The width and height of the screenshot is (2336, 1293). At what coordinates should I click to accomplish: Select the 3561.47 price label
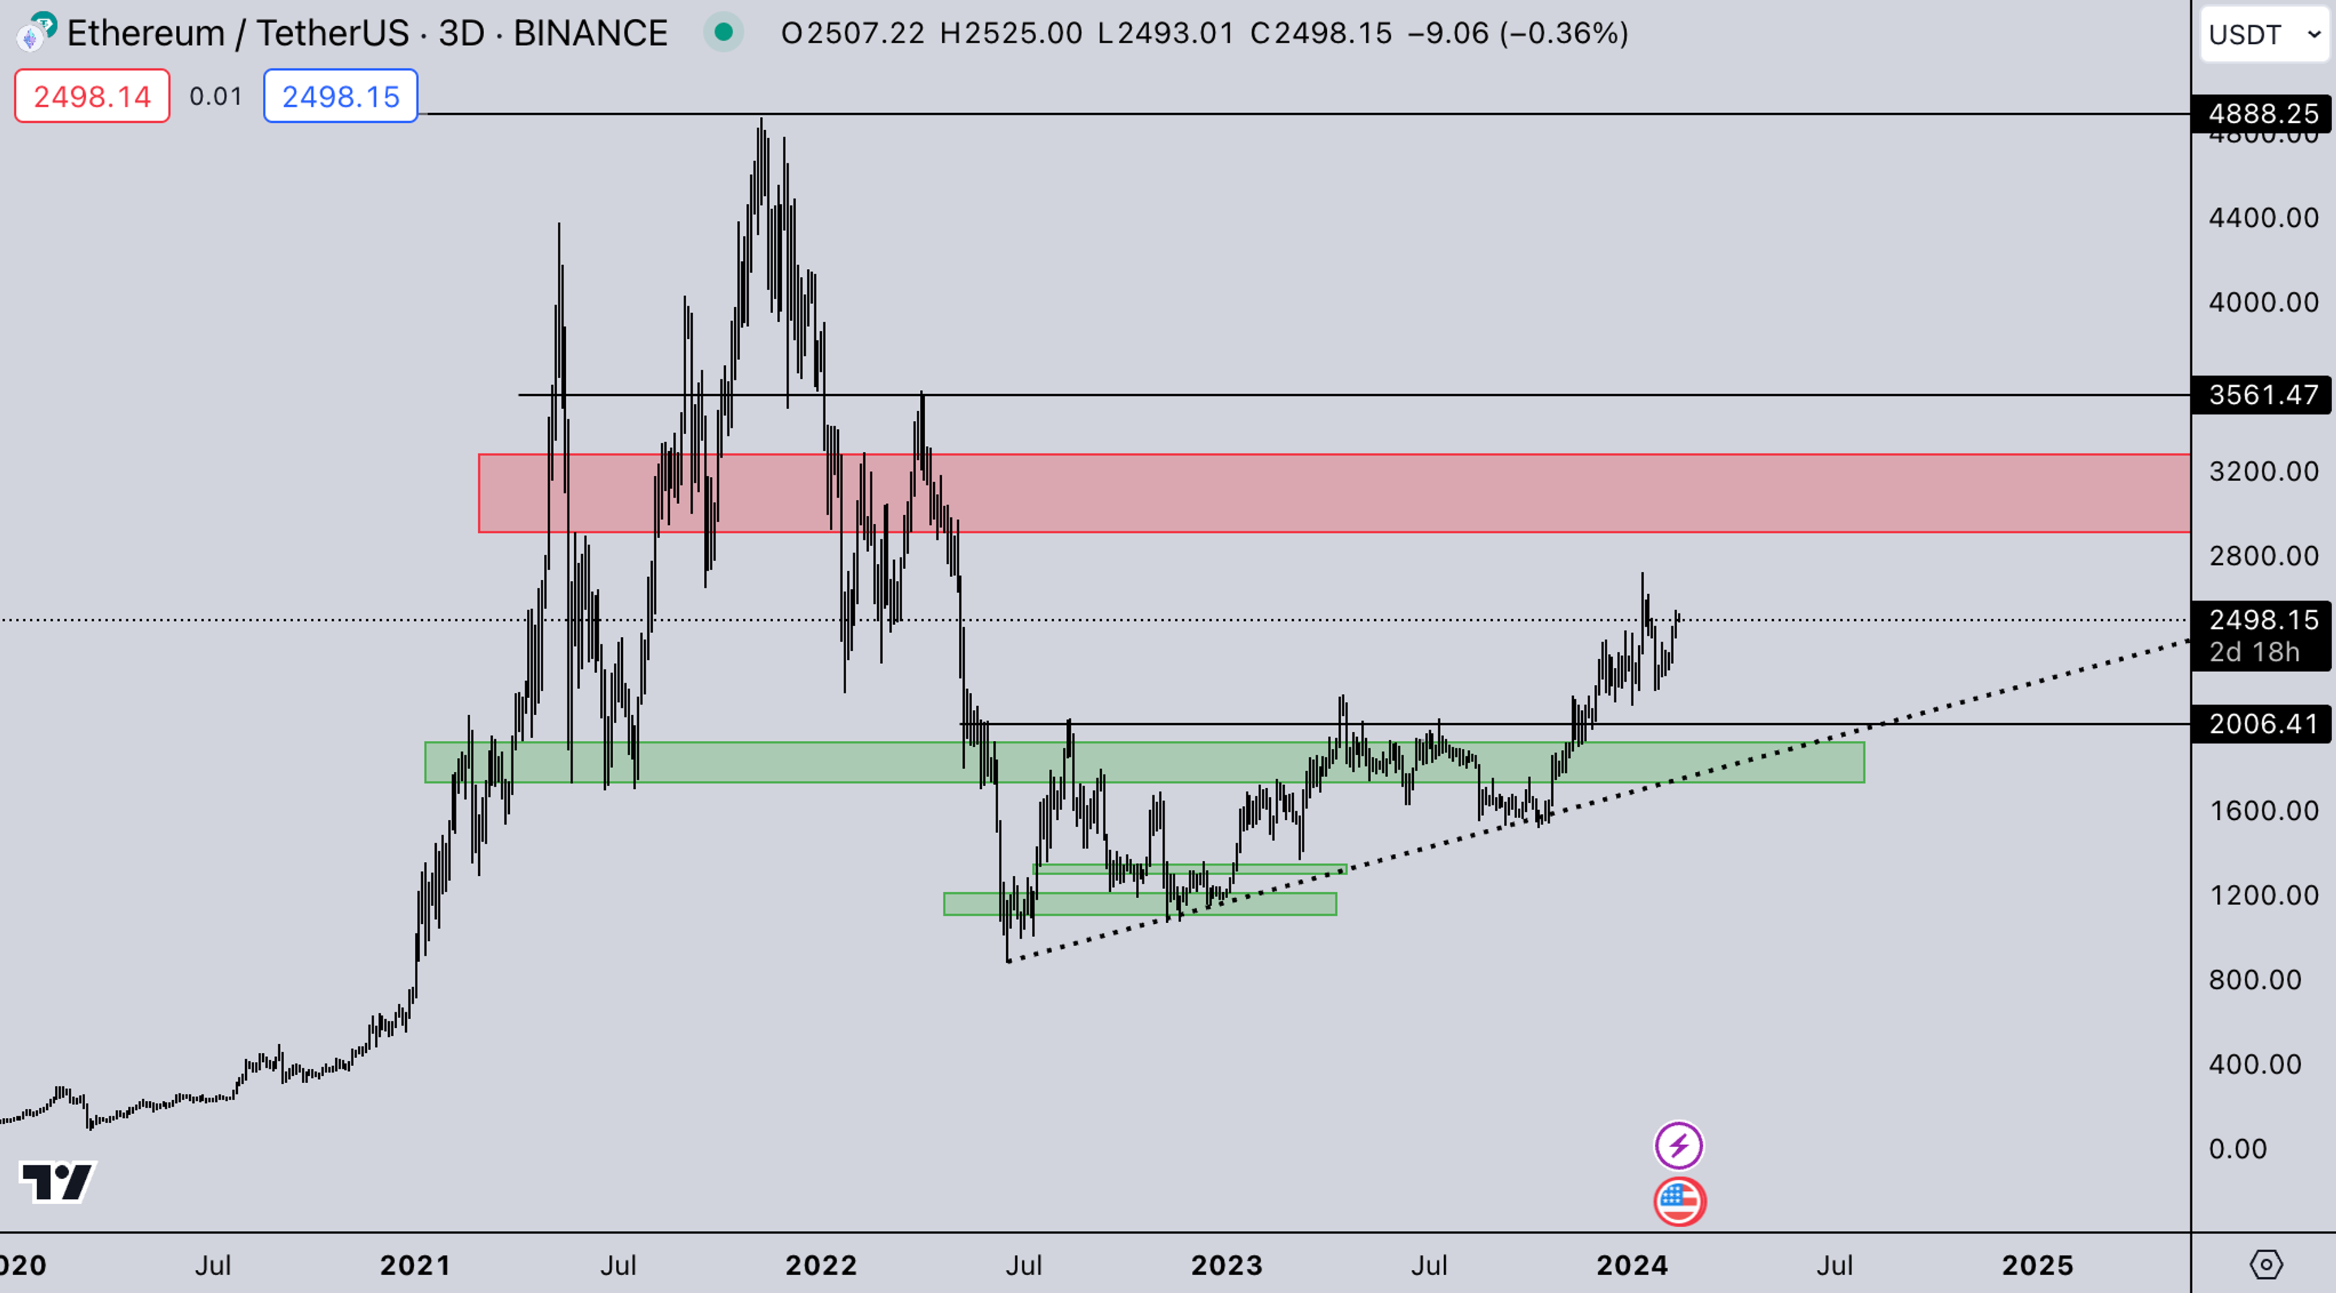[2262, 395]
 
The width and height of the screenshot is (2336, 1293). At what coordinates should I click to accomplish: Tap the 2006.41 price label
[2262, 724]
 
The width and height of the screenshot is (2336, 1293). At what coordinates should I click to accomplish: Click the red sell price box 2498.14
[92, 96]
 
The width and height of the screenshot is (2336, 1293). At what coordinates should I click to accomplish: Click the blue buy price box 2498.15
[340, 96]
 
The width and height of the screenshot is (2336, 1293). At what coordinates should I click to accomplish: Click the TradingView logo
[57, 1182]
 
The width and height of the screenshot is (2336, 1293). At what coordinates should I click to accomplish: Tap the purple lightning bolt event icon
[1678, 1145]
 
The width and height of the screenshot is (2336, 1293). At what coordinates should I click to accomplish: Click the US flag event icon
[1678, 1201]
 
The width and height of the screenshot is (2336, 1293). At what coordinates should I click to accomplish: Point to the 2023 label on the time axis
[1226, 1265]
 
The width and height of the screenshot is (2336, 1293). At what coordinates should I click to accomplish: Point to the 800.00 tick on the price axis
[2254, 979]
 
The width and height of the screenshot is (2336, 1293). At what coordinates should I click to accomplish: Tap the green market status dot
[723, 33]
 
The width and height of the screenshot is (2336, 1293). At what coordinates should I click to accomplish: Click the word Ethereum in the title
[145, 33]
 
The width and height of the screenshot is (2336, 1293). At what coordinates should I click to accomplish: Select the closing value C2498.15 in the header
[1320, 33]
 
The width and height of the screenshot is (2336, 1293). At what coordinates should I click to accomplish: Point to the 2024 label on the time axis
[1632, 1265]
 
